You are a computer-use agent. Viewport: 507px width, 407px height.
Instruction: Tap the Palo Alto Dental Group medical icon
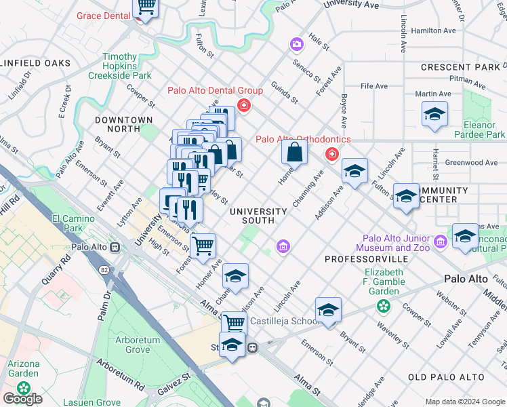pos(243,106)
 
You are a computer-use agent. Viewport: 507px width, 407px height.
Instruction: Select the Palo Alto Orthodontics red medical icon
pos(332,155)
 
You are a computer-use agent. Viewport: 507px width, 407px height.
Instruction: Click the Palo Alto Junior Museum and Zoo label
pos(397,243)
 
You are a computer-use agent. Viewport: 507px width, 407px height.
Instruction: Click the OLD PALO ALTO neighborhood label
pos(446,377)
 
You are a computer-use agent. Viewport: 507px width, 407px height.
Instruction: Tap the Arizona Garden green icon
pos(24,389)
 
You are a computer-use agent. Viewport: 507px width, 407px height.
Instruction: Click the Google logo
pos(22,399)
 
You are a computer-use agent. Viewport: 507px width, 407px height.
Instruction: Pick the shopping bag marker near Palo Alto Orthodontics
pos(295,152)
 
